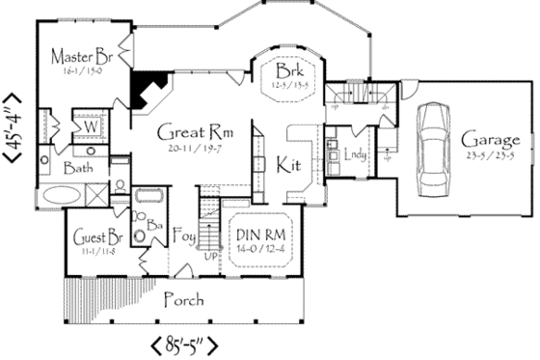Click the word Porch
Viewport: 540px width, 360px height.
pyautogui.click(x=183, y=299)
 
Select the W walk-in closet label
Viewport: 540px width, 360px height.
pyautogui.click(x=87, y=125)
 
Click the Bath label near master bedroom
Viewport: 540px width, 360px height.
pyautogui.click(x=78, y=169)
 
